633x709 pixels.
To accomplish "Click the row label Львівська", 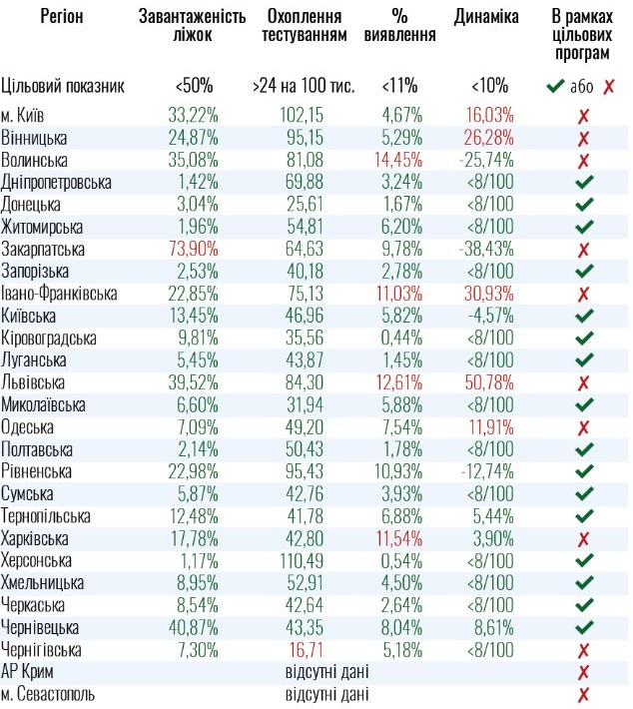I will [x=34, y=382].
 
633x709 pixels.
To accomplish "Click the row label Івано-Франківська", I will [x=60, y=294].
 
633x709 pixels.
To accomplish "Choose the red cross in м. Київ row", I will [x=583, y=116].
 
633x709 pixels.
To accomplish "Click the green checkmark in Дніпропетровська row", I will [x=584, y=182].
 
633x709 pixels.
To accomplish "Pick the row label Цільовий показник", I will [x=63, y=86].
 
